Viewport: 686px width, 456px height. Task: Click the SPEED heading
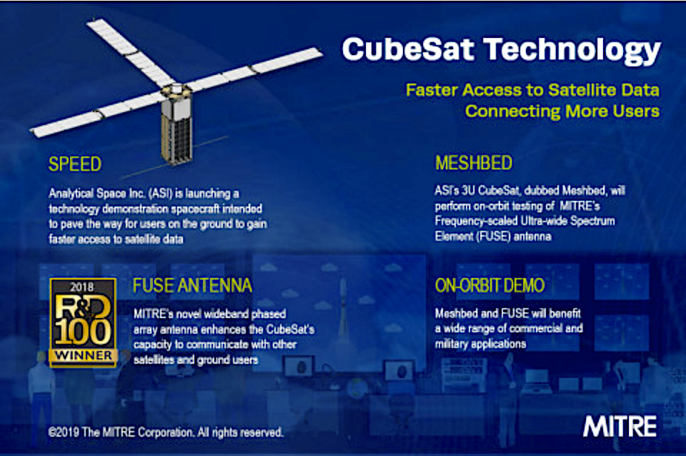point(75,164)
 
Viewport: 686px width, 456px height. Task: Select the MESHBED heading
point(473,163)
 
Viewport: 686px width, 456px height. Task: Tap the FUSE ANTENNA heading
point(192,285)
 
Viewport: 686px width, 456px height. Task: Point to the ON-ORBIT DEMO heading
point(489,285)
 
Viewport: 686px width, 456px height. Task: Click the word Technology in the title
point(572,51)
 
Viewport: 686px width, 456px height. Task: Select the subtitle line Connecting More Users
point(562,111)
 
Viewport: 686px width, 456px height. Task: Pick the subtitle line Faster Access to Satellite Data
point(532,90)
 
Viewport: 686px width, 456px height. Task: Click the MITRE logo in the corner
point(620,426)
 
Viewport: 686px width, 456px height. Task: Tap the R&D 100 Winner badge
point(83,322)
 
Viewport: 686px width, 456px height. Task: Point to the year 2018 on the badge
point(81,287)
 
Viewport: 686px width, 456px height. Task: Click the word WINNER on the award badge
point(83,355)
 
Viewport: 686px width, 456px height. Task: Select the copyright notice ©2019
point(165,432)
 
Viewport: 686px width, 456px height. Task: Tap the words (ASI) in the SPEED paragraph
point(161,194)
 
